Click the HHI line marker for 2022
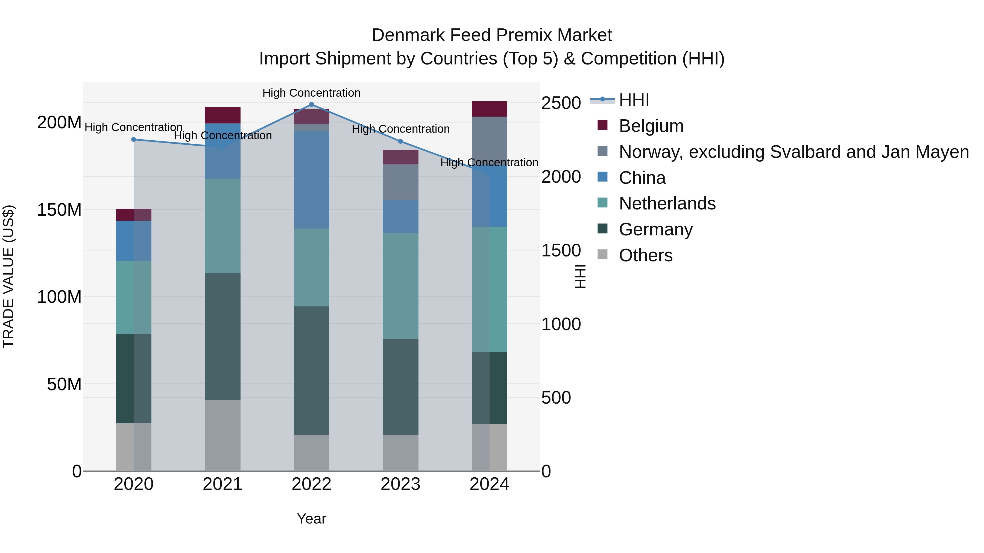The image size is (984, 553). tap(311, 105)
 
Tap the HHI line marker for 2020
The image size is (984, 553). tap(134, 140)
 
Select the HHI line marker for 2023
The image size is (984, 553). tap(400, 141)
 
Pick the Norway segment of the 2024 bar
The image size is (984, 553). tap(489, 141)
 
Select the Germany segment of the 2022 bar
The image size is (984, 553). tap(311, 370)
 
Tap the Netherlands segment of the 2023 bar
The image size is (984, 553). tap(400, 286)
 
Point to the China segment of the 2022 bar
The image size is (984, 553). tap(311, 180)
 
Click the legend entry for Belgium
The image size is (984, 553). tap(651, 126)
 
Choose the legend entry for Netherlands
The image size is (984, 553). tap(667, 203)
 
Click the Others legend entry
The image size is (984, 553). tap(646, 255)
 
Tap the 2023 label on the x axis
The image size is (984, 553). tap(400, 484)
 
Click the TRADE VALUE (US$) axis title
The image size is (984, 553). tap(8, 276)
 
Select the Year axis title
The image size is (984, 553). tap(311, 519)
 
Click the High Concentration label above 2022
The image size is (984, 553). tap(311, 93)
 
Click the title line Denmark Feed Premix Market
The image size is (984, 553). tap(492, 35)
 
